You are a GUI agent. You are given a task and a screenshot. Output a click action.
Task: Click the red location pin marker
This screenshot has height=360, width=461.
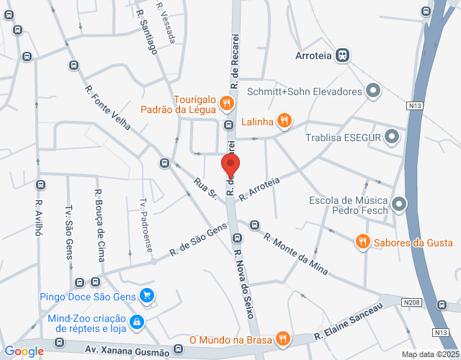point(231,166)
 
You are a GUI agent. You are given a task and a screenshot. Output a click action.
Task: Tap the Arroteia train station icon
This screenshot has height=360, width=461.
point(342,55)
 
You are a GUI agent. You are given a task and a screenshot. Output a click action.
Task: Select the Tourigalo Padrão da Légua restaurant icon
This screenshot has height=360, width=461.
point(226,103)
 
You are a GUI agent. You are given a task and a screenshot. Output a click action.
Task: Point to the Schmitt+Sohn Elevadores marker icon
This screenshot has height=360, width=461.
point(373,91)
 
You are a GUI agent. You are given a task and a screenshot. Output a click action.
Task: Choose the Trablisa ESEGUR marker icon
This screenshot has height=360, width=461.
point(392,136)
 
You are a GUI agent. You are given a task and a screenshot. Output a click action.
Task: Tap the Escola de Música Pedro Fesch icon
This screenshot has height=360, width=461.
point(400,205)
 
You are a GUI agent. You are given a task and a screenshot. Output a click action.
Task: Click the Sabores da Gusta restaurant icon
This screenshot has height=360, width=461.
point(363,242)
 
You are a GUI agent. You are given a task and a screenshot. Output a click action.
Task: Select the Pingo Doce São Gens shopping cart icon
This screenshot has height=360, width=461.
point(147,295)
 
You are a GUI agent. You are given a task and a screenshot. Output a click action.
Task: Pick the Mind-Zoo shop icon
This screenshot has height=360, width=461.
point(136,320)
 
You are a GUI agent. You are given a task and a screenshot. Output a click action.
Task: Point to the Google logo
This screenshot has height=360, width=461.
point(24,351)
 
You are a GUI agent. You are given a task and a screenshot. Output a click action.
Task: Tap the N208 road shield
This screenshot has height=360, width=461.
point(411,302)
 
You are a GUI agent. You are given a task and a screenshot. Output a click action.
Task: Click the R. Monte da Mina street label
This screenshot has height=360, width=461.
point(295,254)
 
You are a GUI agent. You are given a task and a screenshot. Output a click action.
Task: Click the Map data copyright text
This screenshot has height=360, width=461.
point(430,354)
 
